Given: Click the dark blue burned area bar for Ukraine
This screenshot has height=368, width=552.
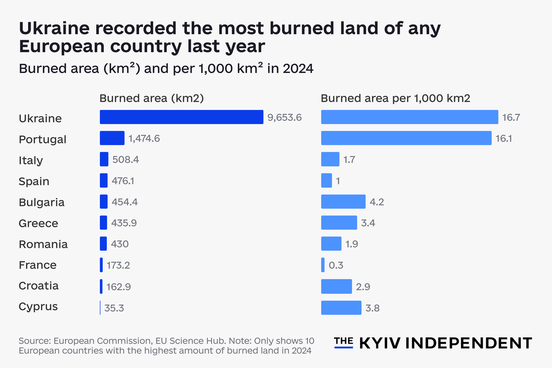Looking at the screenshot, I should tap(181, 117).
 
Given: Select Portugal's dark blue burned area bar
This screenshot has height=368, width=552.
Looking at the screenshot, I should tap(112, 138).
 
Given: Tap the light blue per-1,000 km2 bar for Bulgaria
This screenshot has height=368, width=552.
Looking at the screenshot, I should tap(343, 202).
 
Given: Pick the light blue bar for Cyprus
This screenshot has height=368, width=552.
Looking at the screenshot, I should tap(341, 308).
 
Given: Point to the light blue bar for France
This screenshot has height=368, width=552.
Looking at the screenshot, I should tap(323, 265).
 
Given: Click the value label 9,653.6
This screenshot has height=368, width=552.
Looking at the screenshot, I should tap(284, 118).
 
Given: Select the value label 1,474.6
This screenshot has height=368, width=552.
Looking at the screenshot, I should tap(144, 138).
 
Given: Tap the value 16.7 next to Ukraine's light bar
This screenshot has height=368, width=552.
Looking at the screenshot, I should tap(511, 118).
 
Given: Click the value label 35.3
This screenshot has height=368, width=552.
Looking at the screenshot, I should tap(114, 308).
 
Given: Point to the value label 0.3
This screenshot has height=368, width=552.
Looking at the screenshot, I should tap(336, 265).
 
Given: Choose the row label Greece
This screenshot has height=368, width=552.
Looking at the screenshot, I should tap(38, 223).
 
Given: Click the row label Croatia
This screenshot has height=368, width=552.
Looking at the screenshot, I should tap(38, 286).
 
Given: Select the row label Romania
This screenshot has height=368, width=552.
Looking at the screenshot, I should tap(43, 244).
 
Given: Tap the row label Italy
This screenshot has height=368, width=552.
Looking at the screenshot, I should tap(31, 160).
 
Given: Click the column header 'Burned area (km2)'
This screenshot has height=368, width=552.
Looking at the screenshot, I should tap(151, 98).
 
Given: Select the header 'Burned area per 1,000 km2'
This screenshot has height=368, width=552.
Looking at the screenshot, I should tap(395, 98).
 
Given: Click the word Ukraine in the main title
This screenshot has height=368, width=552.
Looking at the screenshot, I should tap(54, 28).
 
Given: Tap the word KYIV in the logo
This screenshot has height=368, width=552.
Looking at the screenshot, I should tap(380, 343).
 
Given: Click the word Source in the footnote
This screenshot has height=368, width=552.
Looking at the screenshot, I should tap(34, 341).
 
